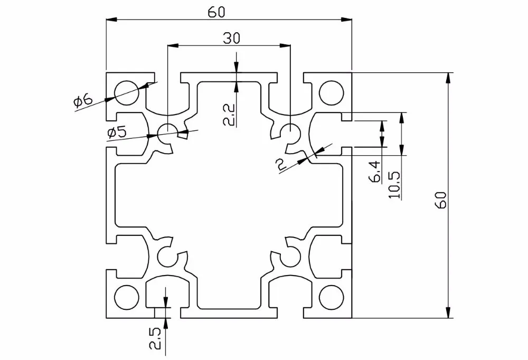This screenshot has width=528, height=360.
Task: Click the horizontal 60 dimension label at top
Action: (216, 12)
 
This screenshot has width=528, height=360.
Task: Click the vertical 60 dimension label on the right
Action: (441, 200)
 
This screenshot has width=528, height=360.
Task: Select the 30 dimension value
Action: (232, 39)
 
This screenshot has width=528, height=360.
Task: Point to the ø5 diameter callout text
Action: (117, 132)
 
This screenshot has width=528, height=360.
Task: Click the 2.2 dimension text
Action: (229, 115)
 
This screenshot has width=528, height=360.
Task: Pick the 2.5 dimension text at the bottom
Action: (156, 339)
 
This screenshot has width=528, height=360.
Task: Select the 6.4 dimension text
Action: (376, 172)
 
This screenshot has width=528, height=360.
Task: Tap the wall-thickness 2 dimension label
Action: (280, 165)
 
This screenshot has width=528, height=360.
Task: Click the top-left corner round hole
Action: (127, 92)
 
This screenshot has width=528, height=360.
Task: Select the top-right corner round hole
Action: (332, 92)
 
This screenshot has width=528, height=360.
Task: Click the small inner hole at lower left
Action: (168, 257)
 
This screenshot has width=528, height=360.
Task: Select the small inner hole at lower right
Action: (290, 257)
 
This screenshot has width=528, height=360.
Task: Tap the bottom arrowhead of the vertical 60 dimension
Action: (448, 312)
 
